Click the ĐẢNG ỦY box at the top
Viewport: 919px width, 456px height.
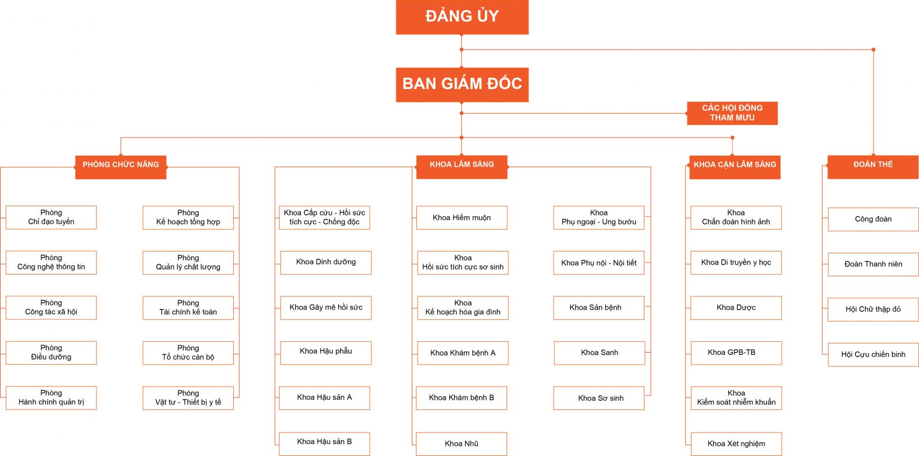[x=462, y=17]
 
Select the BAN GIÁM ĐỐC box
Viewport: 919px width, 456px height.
[x=462, y=84]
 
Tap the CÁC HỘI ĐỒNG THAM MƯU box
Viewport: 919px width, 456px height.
[x=732, y=113]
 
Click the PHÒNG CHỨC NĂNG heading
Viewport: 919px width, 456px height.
[x=121, y=167]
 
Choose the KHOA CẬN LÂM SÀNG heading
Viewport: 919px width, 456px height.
[x=735, y=167]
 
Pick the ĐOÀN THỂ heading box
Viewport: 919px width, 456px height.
[x=872, y=167]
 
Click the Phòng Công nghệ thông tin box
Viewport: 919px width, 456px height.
[x=51, y=262]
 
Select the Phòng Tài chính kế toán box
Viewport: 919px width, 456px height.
[x=188, y=308]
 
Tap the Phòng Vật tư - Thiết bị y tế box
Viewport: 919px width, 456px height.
[x=188, y=398]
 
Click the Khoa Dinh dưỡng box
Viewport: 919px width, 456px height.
[x=326, y=262]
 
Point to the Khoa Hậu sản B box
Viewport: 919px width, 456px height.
[x=325, y=443]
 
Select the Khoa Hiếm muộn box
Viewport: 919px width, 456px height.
[x=462, y=218]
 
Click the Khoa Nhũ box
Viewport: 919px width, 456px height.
[x=461, y=444]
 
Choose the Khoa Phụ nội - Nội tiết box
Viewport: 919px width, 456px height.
[x=598, y=263]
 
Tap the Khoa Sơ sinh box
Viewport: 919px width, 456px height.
[x=599, y=398]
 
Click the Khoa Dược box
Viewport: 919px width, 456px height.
[x=736, y=308]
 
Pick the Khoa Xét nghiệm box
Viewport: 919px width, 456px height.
[x=736, y=444]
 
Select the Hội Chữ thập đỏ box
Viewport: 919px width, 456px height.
[x=873, y=310]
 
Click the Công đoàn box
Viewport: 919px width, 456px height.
[x=873, y=219]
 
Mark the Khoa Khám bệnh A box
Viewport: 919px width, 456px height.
[x=462, y=353]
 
